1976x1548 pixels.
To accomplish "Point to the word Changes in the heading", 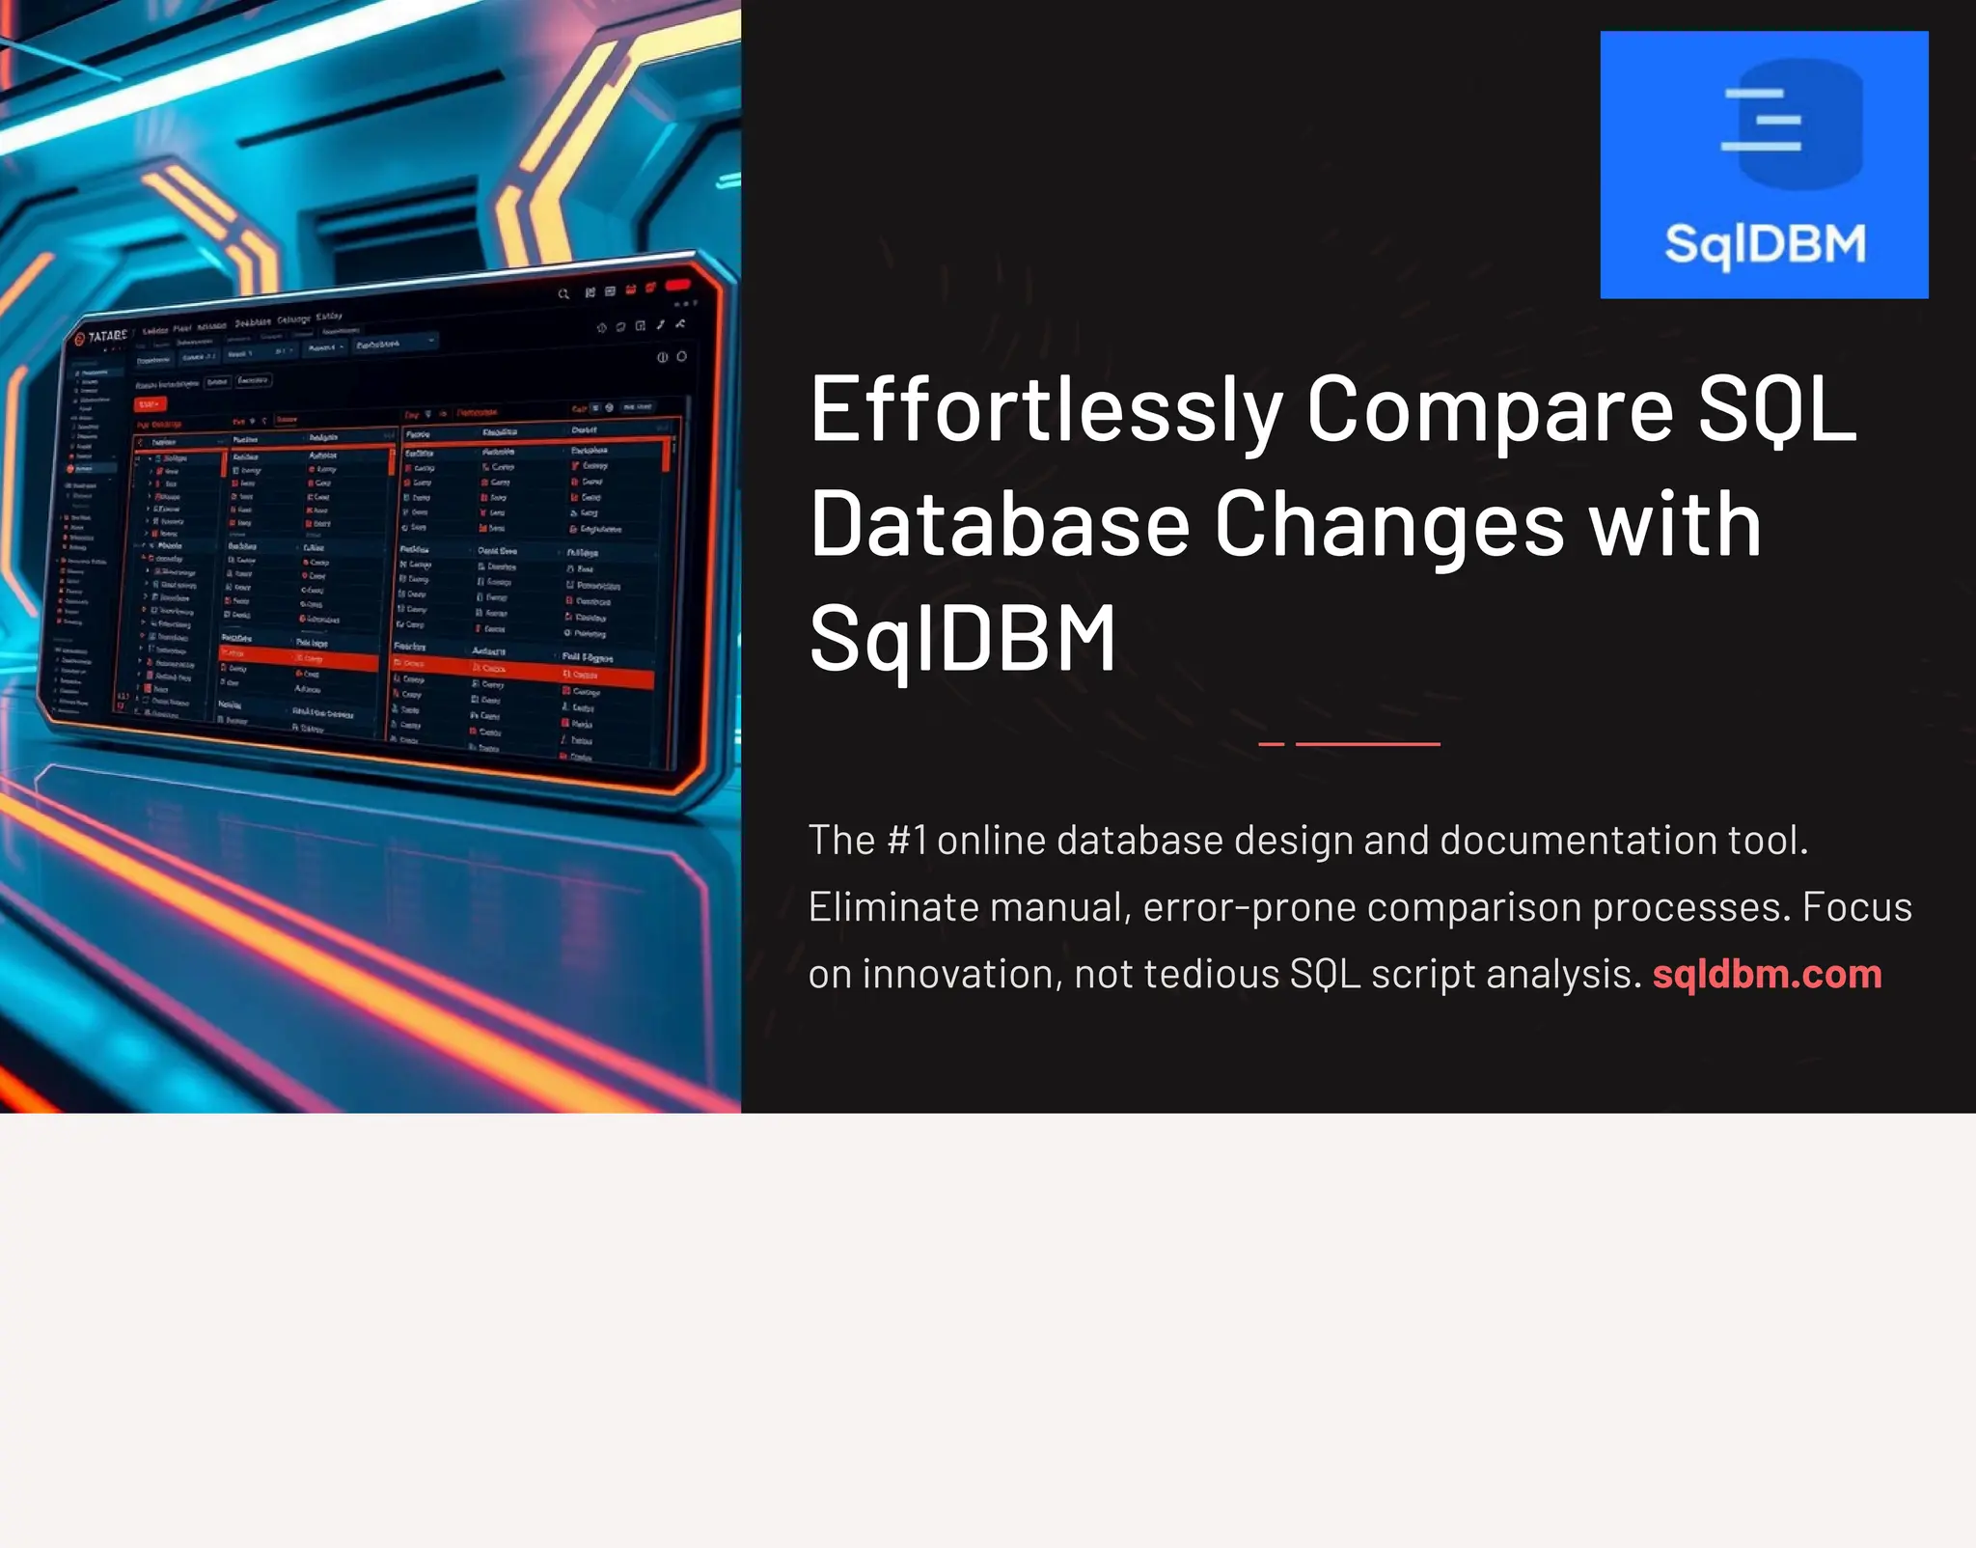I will click(1389, 527).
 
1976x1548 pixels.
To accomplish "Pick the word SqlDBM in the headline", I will click(962, 638).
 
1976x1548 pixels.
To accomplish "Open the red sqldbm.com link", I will click(1767, 975).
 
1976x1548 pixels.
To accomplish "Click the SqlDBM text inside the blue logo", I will click(1765, 244).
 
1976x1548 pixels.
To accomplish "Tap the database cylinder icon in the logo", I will click(1793, 124).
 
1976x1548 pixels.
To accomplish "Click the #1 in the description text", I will click(907, 841).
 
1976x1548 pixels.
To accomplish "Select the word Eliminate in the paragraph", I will click(884, 907).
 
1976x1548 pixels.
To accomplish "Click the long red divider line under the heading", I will click(1367, 744).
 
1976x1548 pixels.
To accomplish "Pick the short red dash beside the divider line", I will click(1271, 744).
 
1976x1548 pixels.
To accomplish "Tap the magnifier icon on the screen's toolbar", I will click(563, 293).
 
